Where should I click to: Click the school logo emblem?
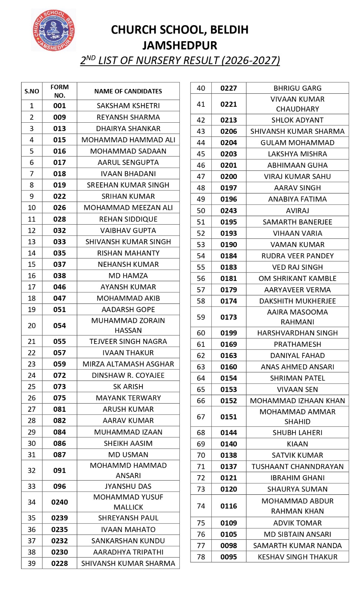pos(54,30)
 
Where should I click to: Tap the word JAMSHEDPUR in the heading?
pos(180,46)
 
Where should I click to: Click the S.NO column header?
pos(32,91)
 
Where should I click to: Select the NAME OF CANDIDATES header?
pos(128,91)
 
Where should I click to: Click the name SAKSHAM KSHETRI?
pos(128,106)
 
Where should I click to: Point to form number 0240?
pos(59,502)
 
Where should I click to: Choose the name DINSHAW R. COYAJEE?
pos(128,375)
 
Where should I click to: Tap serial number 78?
pos(201,557)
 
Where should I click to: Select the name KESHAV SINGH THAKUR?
pos(297,557)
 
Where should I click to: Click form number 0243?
pos(228,211)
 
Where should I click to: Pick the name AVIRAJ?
pos(297,211)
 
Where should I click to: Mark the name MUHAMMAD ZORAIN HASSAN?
pos(128,325)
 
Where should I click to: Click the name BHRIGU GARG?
pos(297,88)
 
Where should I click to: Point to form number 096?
pos(59,486)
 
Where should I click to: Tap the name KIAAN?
pos(297,444)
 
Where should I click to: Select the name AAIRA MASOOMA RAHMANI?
pos(297,317)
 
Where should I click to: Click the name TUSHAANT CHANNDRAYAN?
pos(297,467)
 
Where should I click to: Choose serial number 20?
pos(32,326)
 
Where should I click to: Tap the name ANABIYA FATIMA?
pos(297,199)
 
